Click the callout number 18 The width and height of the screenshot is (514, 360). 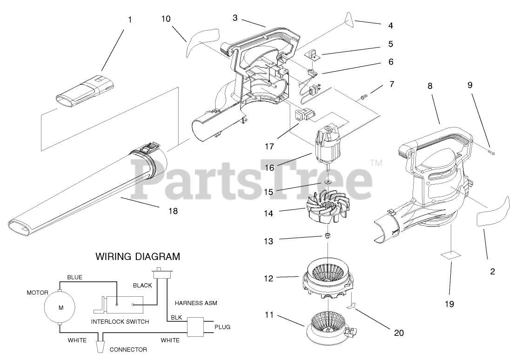(x=172, y=211)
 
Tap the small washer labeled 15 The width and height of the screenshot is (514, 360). (x=328, y=181)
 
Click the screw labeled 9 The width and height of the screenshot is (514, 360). (x=491, y=153)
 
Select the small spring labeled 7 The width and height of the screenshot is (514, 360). (x=365, y=97)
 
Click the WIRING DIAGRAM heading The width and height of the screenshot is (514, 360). (x=137, y=256)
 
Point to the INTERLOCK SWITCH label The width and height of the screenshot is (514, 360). (x=120, y=321)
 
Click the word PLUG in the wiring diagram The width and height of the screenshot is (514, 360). (x=222, y=327)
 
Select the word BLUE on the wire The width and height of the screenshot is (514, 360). (x=74, y=277)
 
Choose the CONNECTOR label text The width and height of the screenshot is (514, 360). (x=128, y=349)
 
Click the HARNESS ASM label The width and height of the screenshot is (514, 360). (x=196, y=303)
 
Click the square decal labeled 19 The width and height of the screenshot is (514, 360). (x=451, y=255)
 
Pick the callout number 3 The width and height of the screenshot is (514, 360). (x=235, y=18)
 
